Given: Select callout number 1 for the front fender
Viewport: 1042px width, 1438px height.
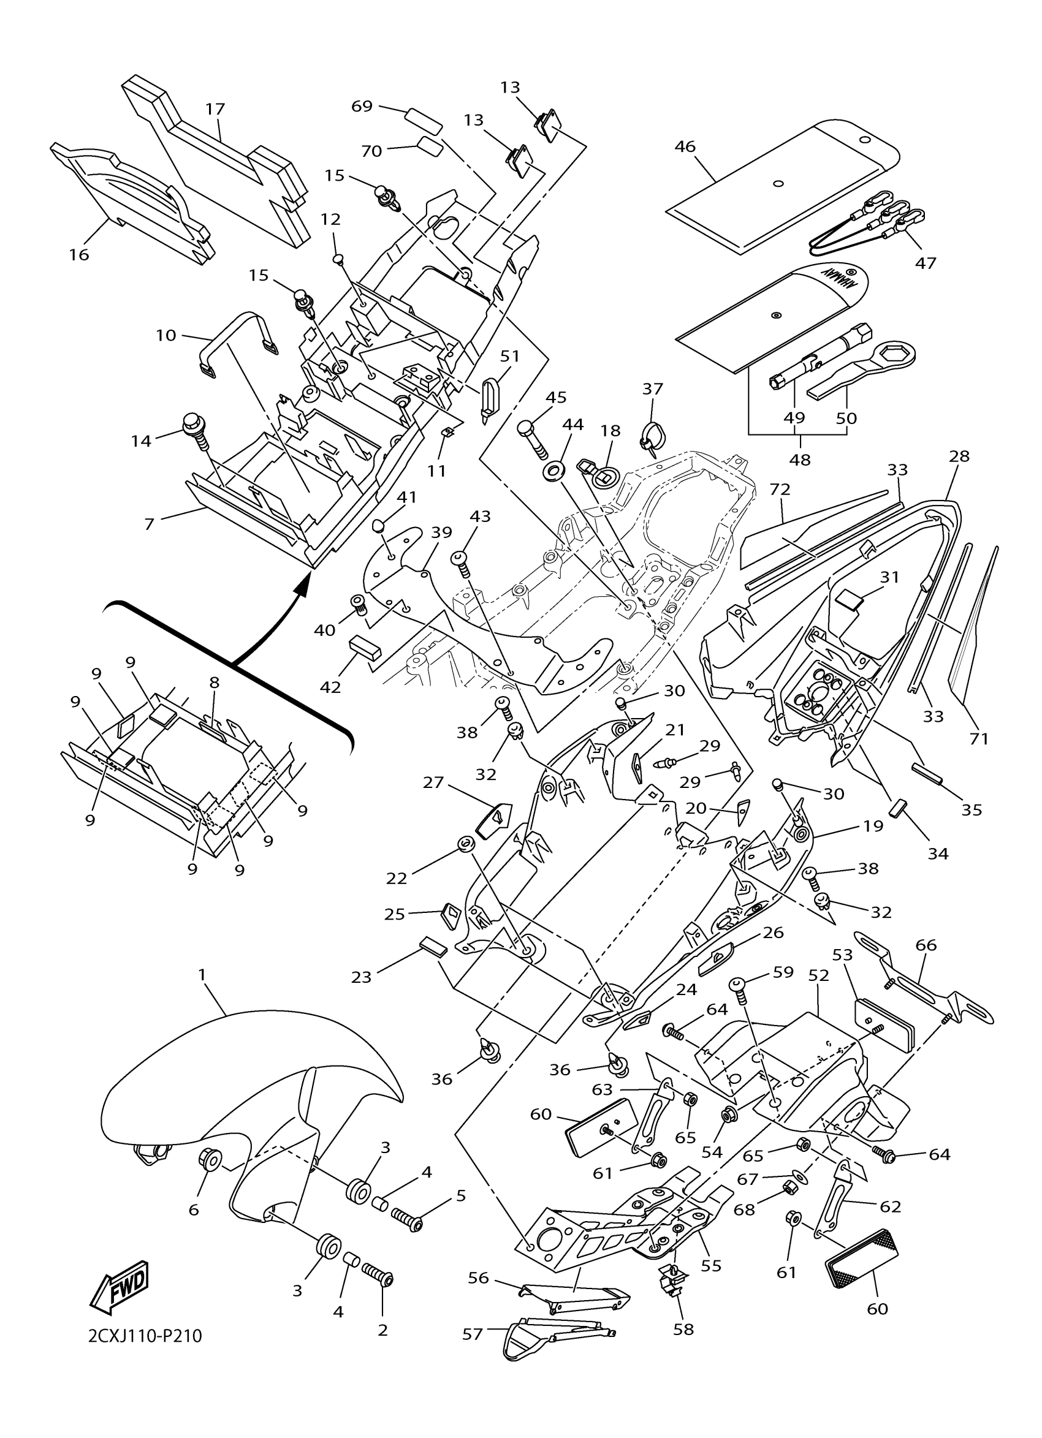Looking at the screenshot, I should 202,975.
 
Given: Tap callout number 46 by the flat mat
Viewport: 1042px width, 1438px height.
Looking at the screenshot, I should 685,146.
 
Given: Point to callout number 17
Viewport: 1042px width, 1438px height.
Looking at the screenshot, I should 216,109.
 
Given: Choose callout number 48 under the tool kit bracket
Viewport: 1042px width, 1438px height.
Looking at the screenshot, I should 800,459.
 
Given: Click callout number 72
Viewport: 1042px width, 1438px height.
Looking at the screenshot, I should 781,490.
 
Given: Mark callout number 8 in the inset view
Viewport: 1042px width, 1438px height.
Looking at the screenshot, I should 215,683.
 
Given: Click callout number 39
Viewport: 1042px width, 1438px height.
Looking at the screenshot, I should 441,532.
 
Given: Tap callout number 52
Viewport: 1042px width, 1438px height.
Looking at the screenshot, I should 819,976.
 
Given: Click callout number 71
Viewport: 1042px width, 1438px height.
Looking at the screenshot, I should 979,738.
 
